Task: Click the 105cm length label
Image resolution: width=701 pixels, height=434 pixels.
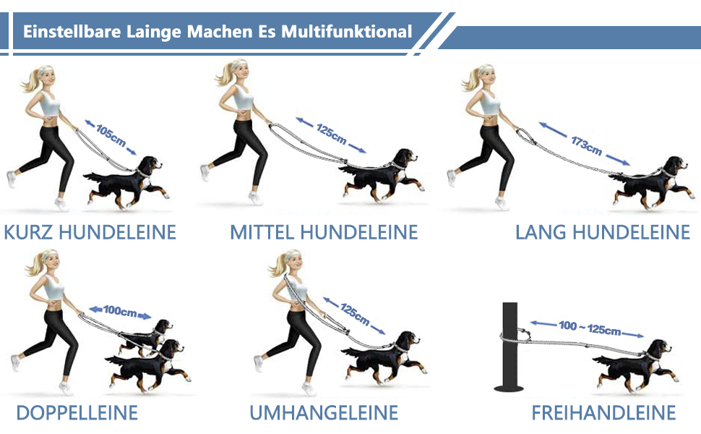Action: (111, 135)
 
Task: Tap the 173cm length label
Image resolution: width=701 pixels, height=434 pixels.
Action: (586, 145)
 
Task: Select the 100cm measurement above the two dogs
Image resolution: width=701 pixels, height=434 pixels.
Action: (120, 311)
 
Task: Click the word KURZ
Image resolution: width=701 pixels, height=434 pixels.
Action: (29, 232)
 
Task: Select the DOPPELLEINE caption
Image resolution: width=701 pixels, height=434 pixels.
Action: (77, 413)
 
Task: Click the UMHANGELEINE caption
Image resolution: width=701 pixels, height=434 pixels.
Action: (324, 413)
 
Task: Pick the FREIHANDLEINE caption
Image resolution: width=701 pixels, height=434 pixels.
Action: (603, 413)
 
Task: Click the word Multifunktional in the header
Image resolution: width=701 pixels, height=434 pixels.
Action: (346, 32)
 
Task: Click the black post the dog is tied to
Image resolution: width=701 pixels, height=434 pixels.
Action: (510, 346)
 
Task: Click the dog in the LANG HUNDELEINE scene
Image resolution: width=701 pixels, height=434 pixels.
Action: (652, 182)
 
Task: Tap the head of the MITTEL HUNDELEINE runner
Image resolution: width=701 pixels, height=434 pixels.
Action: (238, 74)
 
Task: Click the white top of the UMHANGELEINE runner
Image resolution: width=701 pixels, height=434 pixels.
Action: (296, 288)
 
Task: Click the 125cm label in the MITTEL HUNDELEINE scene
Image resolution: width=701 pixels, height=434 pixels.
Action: (331, 135)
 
